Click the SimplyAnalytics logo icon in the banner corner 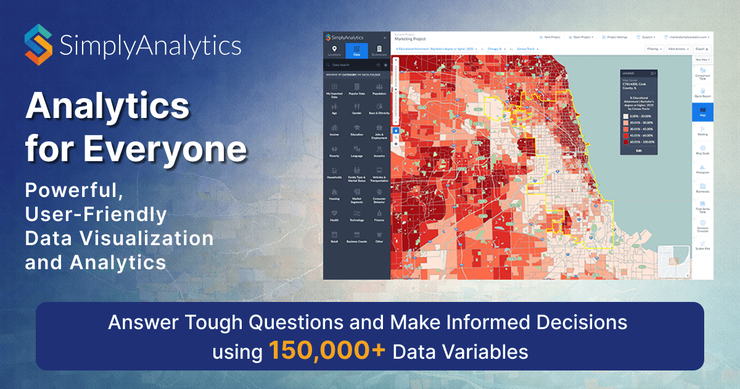39,44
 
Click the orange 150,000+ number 327,352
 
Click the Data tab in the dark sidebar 356,51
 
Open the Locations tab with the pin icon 334,51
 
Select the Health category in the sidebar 334,214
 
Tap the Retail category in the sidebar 334,236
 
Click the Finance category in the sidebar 379,214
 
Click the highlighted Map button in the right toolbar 702,111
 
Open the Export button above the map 701,48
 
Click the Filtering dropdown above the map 654,48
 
